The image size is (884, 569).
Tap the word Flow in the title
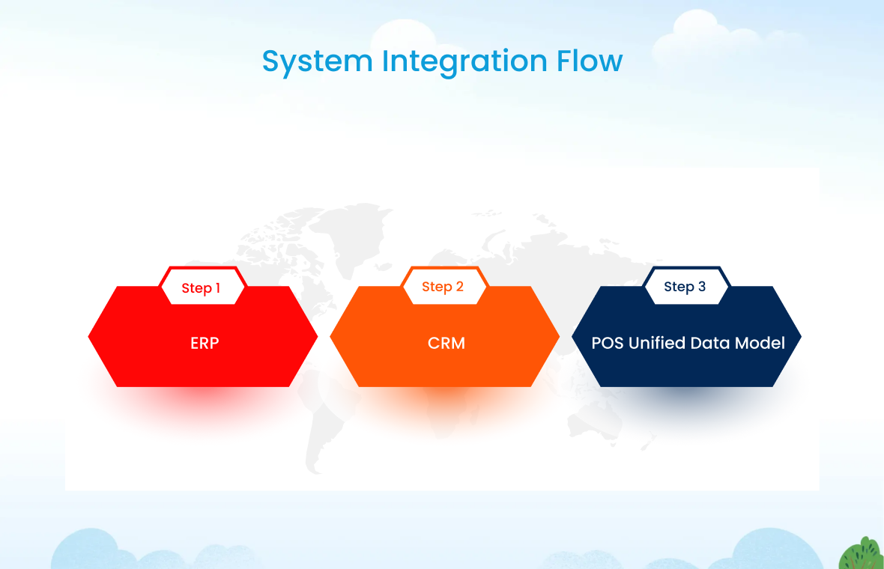pos(589,61)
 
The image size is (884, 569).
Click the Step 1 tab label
pos(201,288)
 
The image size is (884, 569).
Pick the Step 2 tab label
pos(443,287)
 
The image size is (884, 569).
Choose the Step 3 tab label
pos(685,287)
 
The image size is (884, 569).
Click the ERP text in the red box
pos(205,343)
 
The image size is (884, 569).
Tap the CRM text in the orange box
pos(446,343)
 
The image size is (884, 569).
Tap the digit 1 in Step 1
pos(217,288)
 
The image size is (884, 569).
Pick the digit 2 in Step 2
pos(459,287)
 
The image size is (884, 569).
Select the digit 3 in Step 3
pos(701,287)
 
